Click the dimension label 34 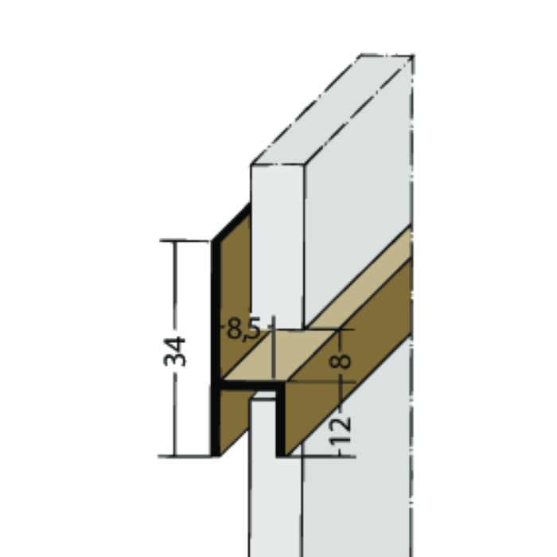177,351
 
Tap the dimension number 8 341,360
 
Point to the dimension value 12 341,430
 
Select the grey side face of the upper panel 358,199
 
